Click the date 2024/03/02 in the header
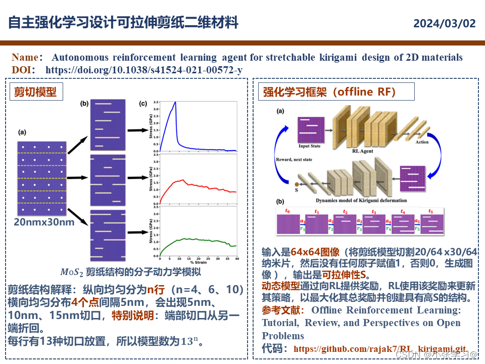point(444,23)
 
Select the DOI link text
point(144,70)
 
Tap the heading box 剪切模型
point(35,92)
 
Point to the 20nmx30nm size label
point(44,222)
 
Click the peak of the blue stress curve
point(175,103)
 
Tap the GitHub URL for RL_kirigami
point(379,349)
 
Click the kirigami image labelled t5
point(433,223)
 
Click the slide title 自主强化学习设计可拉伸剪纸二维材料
point(123,23)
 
